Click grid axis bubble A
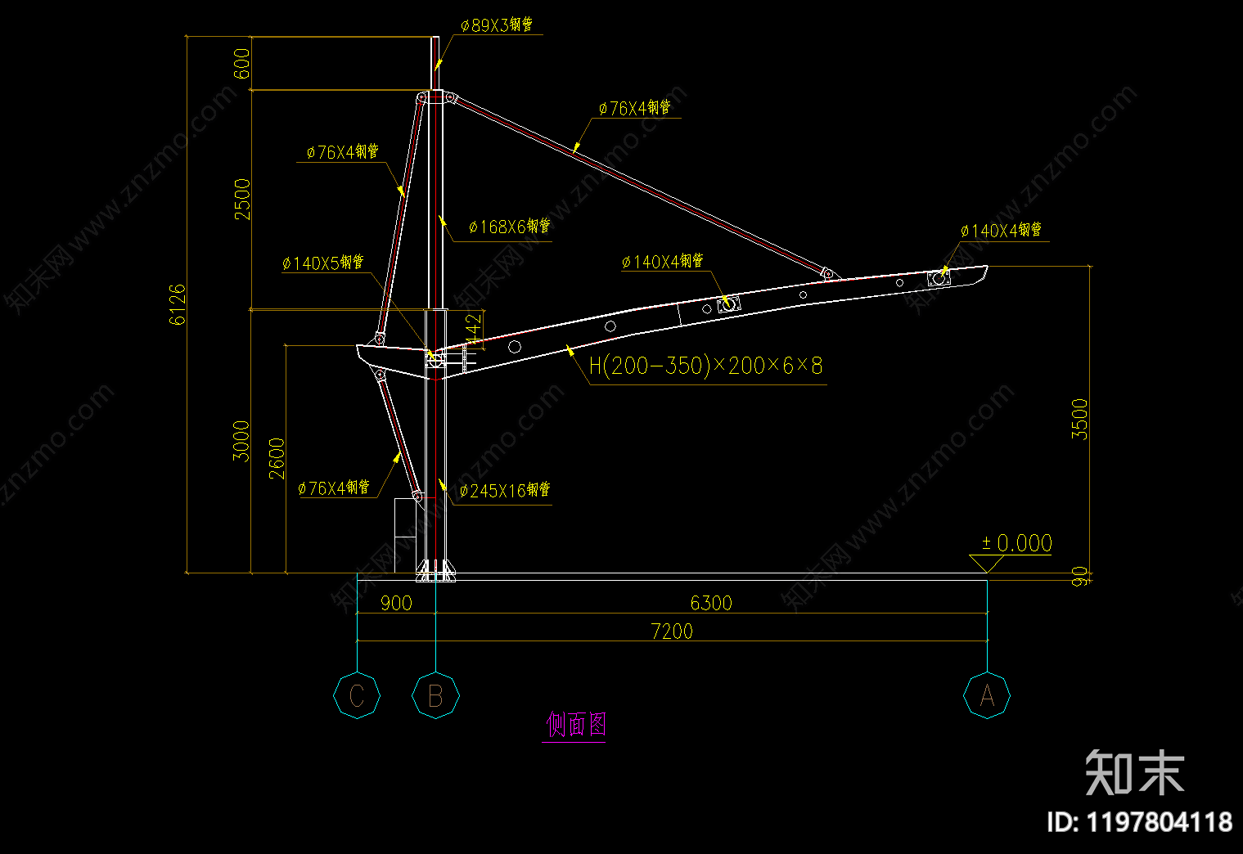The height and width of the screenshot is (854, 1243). [x=987, y=696]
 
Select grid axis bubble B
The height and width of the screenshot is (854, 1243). [x=435, y=696]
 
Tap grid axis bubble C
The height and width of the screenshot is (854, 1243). [x=357, y=696]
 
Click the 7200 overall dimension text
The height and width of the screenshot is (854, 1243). [x=672, y=632]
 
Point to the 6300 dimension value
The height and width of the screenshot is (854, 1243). [x=710, y=604]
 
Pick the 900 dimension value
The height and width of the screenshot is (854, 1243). [x=396, y=604]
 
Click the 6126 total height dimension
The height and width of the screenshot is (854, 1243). [x=178, y=304]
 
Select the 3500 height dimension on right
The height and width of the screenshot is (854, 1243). [x=1080, y=420]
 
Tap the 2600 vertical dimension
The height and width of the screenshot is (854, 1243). [x=277, y=458]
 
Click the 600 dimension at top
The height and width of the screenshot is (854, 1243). [x=242, y=63]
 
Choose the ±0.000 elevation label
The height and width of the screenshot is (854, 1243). [x=1016, y=543]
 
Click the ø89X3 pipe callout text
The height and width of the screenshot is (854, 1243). [x=496, y=25]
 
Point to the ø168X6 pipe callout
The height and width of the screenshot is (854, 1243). [x=509, y=227]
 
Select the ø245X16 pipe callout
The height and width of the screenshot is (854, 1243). [x=504, y=491]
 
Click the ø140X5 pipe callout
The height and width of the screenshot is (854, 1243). [x=322, y=263]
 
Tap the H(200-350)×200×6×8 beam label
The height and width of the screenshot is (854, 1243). [x=705, y=366]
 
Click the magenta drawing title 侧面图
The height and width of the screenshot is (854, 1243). [x=576, y=724]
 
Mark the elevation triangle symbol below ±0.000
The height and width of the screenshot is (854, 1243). [x=987, y=564]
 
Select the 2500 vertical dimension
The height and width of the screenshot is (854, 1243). [x=242, y=199]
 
